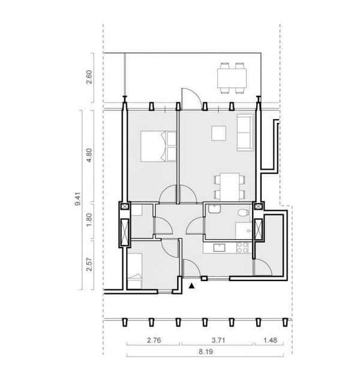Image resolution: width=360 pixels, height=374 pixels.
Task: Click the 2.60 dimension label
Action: [89, 77]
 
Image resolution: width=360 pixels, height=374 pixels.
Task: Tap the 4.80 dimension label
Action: [89, 155]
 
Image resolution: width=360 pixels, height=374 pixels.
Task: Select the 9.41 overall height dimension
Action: [78, 199]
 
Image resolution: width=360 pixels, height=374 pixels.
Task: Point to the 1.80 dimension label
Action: [89, 220]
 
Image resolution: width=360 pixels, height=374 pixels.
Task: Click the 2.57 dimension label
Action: [89, 264]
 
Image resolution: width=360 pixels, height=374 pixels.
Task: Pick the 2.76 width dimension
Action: [154, 340]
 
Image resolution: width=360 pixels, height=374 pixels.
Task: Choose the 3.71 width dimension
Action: [218, 340]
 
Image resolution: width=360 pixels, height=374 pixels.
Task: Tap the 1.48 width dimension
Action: [270, 340]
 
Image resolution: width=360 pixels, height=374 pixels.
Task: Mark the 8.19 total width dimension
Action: [206, 352]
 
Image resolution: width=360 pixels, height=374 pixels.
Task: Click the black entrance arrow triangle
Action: [191, 286]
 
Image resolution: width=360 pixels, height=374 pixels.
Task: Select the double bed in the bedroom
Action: [158, 146]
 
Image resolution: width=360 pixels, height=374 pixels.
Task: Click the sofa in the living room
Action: [245, 132]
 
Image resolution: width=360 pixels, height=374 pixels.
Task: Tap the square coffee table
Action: [218, 133]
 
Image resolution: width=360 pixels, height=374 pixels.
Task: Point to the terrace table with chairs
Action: [232, 78]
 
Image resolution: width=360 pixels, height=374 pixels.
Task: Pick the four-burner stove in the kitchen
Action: [242, 248]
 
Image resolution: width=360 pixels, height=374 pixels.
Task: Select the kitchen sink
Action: [219, 248]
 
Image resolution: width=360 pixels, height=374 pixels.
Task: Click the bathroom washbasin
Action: [214, 209]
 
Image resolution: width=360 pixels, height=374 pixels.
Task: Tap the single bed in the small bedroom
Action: [134, 271]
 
